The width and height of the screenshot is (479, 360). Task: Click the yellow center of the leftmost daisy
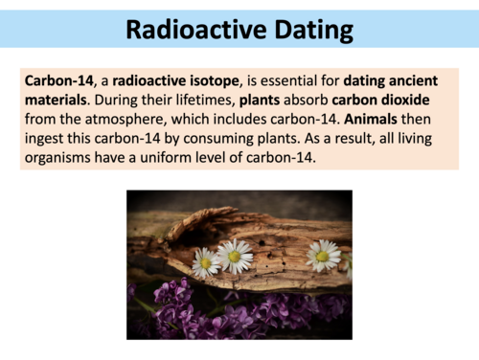[x=205, y=263]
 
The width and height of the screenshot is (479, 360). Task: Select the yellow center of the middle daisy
[x=234, y=257]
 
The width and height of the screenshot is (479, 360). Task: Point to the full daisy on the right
[x=323, y=255]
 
